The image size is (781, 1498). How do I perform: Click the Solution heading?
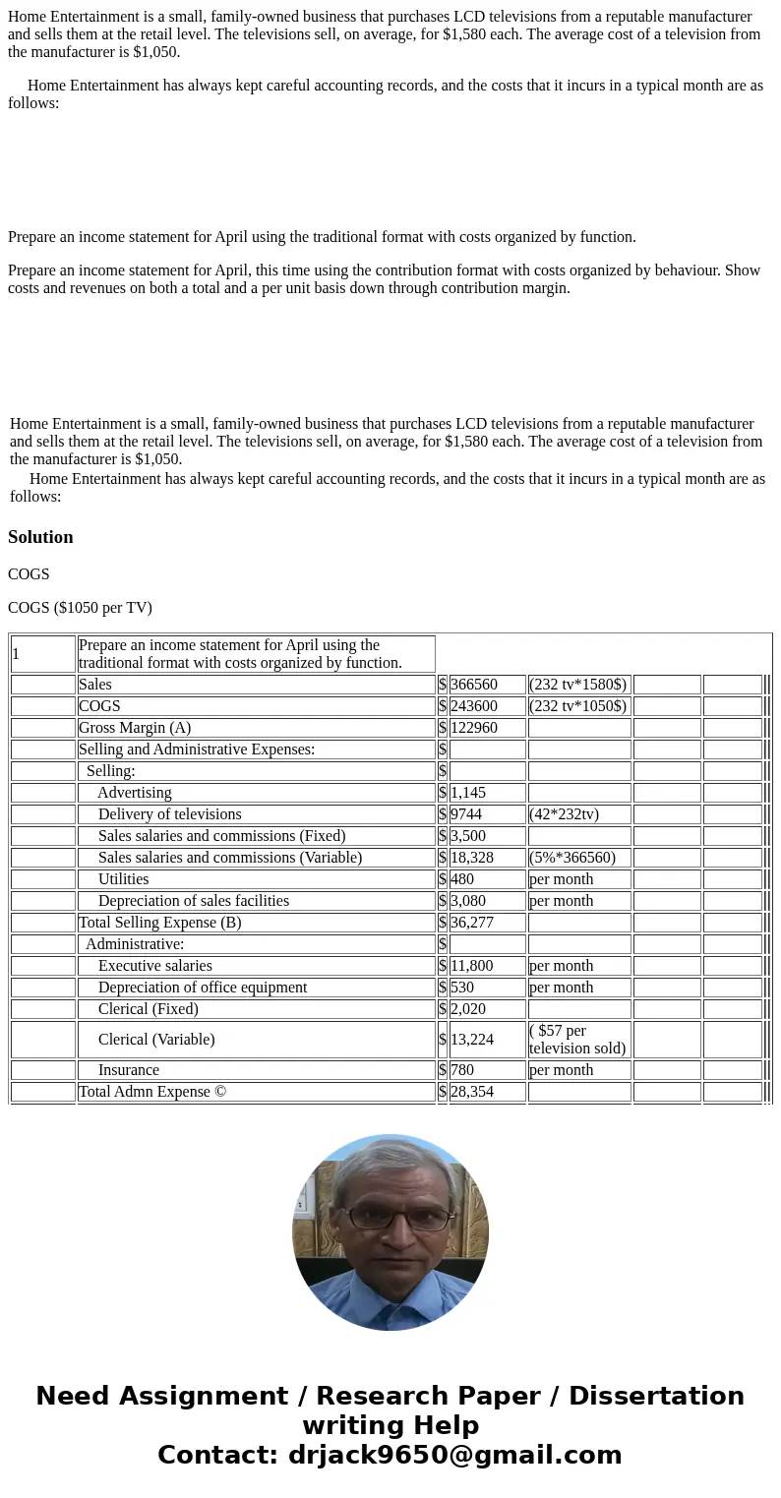coord(40,537)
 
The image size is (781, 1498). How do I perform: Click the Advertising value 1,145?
coord(468,793)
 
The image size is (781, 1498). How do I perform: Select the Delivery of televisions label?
coord(169,814)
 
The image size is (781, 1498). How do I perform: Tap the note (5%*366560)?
coord(572,858)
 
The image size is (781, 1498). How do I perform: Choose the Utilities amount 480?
coord(462,879)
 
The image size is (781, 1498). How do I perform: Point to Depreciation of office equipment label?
coord(203,988)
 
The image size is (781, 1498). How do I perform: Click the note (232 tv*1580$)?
coord(577,685)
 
